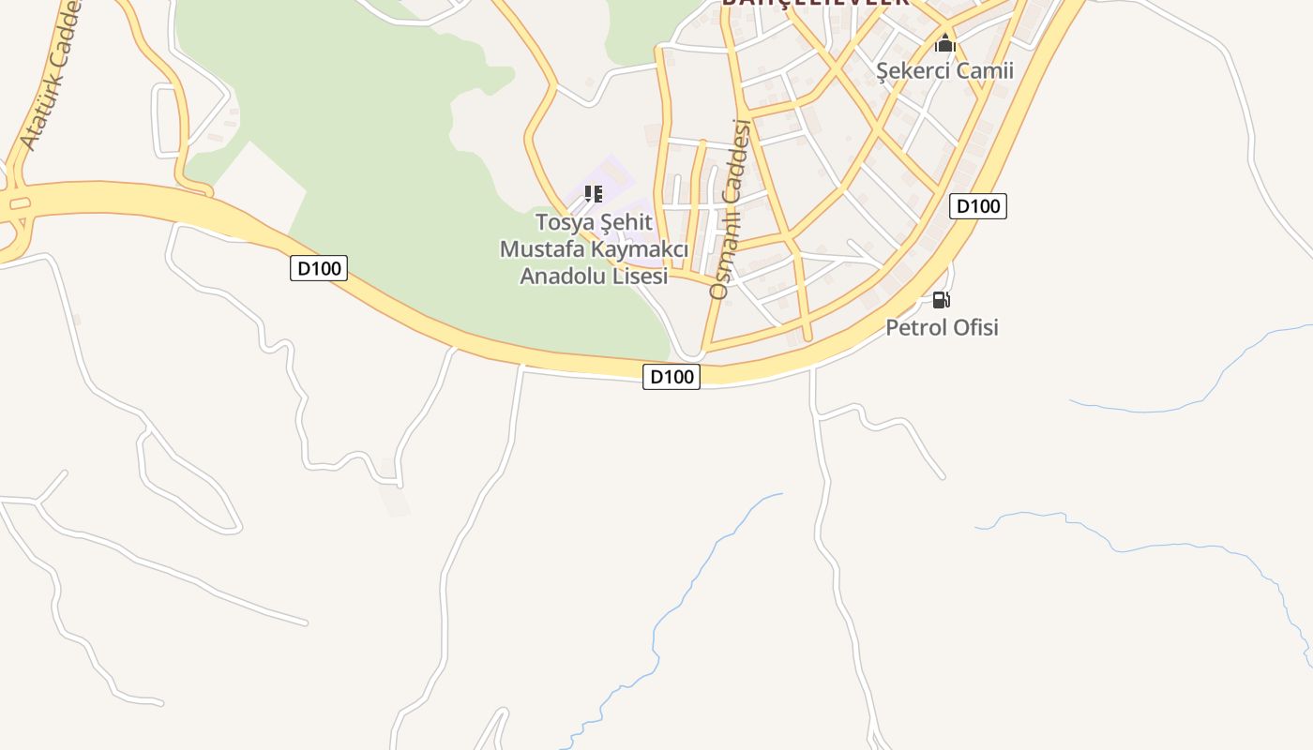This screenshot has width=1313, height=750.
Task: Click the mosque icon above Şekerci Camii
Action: pyautogui.click(x=944, y=43)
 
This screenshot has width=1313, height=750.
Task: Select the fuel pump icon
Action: pyautogui.click(x=941, y=300)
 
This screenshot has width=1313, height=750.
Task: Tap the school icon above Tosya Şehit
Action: pyautogui.click(x=593, y=194)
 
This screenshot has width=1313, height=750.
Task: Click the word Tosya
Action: pyautogui.click(x=565, y=223)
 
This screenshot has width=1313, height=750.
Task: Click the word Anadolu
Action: pyautogui.click(x=561, y=276)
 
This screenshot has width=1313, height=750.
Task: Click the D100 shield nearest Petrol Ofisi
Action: pyautogui.click(x=977, y=206)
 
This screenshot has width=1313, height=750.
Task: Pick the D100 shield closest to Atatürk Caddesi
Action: pyautogui.click(x=319, y=268)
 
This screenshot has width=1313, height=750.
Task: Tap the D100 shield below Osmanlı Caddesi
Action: pyautogui.click(x=672, y=377)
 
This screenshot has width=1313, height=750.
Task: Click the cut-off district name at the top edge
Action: pyautogui.click(x=814, y=3)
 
